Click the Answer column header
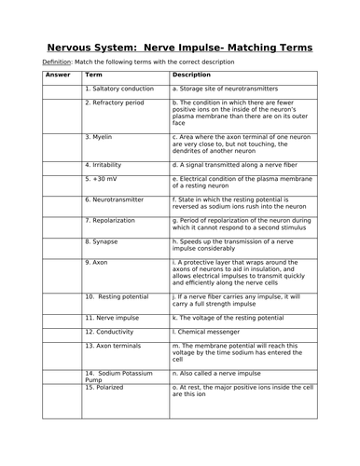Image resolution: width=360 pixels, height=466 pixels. point(58,75)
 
